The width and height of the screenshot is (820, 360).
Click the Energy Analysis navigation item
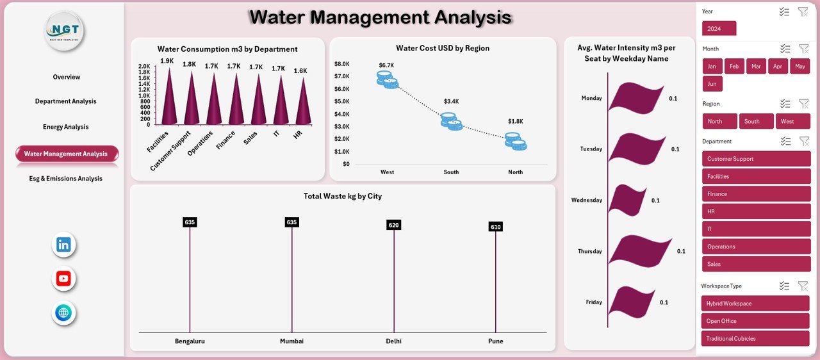(66, 127)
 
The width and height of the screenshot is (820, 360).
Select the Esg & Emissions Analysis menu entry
(66, 179)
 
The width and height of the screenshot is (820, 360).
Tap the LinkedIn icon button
(63, 245)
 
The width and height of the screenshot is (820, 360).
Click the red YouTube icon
(63, 279)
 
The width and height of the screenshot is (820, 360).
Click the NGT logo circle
(64, 31)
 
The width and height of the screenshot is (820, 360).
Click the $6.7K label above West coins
(386, 65)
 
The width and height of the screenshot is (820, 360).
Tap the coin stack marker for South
(451, 121)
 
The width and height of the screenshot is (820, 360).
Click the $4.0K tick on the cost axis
(341, 114)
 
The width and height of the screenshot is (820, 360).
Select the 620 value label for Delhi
(393, 225)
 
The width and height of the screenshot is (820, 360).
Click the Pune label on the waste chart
(495, 341)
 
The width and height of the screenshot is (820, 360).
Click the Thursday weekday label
(589, 252)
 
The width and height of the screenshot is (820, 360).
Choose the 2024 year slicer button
(719, 28)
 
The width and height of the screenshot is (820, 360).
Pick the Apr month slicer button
(777, 67)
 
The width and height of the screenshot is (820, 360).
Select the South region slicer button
(756, 122)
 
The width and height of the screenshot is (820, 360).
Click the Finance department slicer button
(756, 194)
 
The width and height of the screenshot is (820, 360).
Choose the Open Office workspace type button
(756, 321)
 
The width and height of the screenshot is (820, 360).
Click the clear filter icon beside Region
(803, 104)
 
